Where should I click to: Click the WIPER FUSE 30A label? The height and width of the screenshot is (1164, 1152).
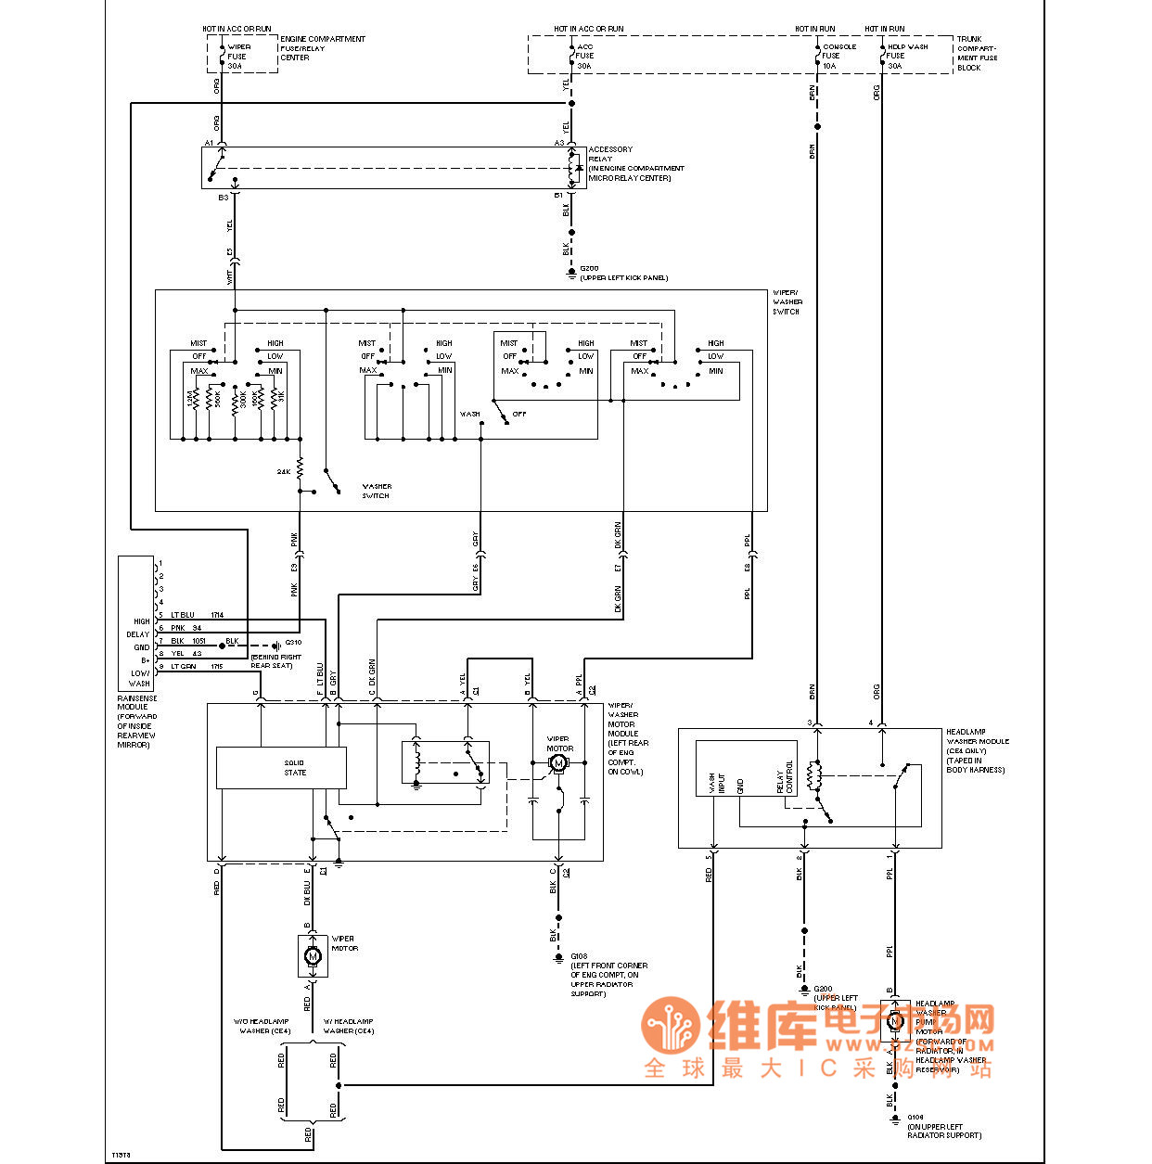click(x=237, y=56)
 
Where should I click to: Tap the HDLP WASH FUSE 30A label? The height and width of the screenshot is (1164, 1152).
click(x=906, y=56)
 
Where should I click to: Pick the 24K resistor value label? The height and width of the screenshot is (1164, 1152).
click(x=284, y=472)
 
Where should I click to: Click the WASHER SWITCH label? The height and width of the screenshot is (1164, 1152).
click(x=377, y=491)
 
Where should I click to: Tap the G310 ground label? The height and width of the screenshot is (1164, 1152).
click(x=293, y=642)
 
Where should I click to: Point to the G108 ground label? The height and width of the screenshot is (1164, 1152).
click(x=580, y=956)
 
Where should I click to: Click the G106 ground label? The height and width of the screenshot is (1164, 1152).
click(x=915, y=1118)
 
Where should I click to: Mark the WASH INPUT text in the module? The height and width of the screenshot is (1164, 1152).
click(x=717, y=784)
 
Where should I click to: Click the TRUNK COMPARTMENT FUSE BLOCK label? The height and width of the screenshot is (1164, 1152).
click(x=977, y=54)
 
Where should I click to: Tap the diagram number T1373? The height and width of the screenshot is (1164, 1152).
click(x=121, y=1155)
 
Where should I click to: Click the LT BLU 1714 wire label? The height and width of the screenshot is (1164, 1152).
click(x=197, y=615)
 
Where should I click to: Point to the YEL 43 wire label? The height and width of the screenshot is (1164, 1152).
click(x=186, y=654)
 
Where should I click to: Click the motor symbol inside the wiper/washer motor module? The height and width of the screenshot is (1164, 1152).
click(x=558, y=763)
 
